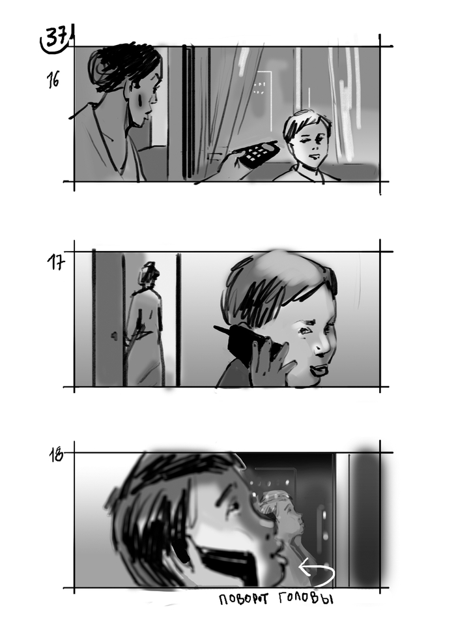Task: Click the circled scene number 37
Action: [55, 39]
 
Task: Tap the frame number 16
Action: [53, 80]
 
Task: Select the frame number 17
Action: [55, 262]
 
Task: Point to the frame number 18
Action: [56, 455]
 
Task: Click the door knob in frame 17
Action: [114, 336]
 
